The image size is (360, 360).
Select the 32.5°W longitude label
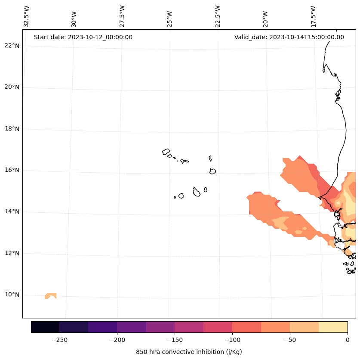27,16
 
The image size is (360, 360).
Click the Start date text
83,37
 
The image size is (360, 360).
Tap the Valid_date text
289,37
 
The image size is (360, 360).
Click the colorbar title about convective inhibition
189,352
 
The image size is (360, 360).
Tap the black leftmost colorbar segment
45,327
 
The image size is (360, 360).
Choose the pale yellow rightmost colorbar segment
333,327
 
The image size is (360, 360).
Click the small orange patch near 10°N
50,296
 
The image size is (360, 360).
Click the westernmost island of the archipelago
166,152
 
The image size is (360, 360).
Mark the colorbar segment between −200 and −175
131,327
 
